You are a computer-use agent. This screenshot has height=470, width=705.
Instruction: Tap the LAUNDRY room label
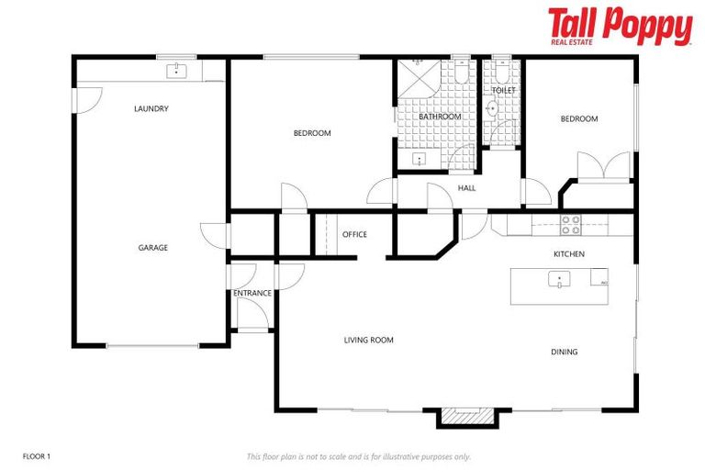tap(151, 108)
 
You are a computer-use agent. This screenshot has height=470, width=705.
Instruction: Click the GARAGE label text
tap(152, 248)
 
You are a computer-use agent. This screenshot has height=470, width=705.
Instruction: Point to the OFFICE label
tap(354, 235)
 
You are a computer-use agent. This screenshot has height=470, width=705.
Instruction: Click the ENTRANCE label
tap(252, 294)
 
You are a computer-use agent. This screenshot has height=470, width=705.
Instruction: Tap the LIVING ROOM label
tap(368, 341)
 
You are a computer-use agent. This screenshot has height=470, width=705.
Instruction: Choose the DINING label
tap(564, 352)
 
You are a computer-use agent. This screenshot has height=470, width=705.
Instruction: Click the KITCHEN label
tap(568, 254)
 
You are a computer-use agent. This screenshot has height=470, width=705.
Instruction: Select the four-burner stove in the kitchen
tap(570, 225)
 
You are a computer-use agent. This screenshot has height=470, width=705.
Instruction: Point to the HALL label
tap(466, 189)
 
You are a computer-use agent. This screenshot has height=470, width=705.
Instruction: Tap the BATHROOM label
tap(440, 117)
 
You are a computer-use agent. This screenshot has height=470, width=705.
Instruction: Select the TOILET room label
tap(502, 91)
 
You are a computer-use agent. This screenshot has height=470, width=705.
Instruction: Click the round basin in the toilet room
tap(491, 109)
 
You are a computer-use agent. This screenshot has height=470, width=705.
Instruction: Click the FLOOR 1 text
tap(36, 456)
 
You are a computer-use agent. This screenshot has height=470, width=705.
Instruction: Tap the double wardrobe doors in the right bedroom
tap(603, 168)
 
